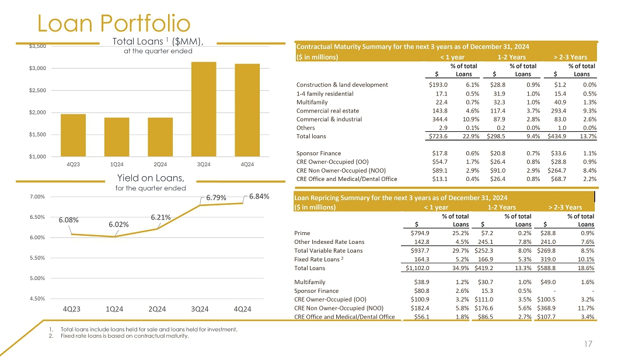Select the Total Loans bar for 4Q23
pos(73,135)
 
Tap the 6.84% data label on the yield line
pos(259,197)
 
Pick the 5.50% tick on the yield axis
pos(39,258)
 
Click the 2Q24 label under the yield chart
pos(159,309)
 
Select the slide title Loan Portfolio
pos(114,23)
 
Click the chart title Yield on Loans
pos(151,177)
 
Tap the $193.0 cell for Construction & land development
pos(438,85)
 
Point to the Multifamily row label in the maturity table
pos(312,102)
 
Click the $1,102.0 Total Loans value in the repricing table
pos(418,268)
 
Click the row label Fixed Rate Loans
pos(320,259)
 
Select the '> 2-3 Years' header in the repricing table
pos(565,207)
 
